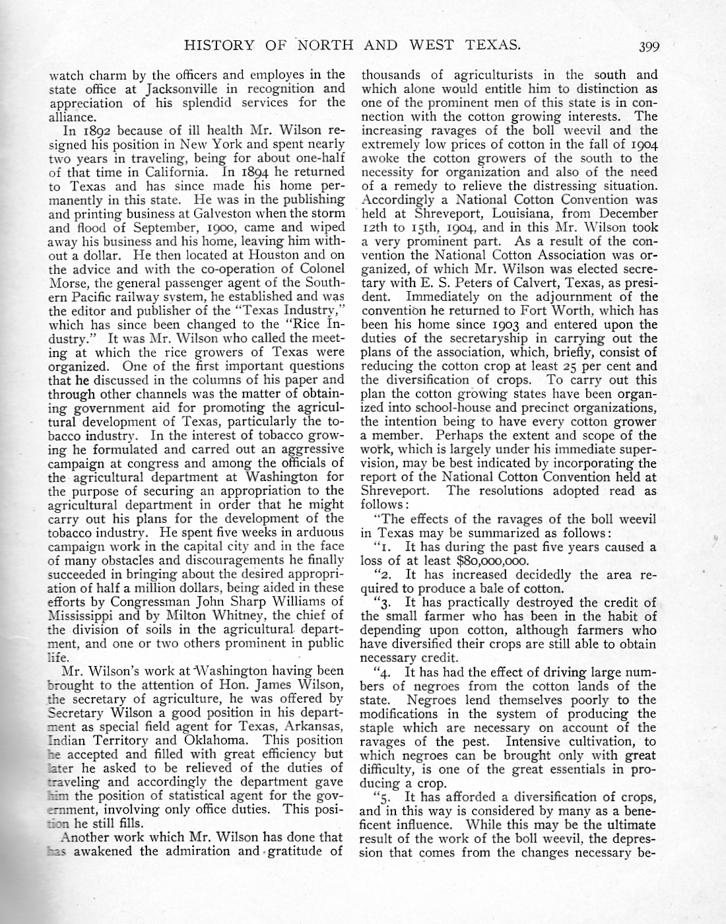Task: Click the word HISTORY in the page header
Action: point(218,46)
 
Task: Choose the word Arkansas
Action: point(313,726)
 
